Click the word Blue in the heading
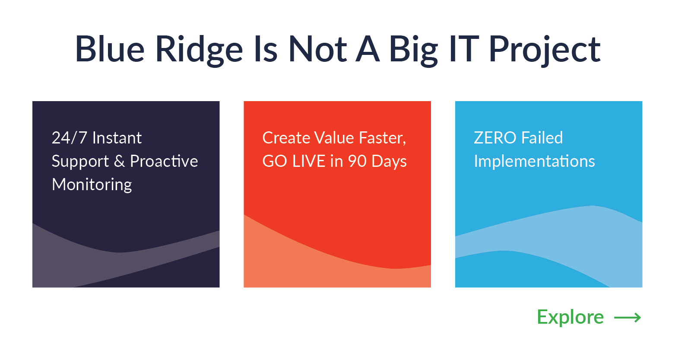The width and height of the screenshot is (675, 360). coord(110,49)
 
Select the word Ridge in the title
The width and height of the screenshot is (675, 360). coord(199,51)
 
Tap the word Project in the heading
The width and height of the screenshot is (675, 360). coord(545,51)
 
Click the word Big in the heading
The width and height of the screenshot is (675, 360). coord(413,51)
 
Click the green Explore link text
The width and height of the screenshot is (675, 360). coord(570,318)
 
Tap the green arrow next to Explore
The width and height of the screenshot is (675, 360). coord(627,318)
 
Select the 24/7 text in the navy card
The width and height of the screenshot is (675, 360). coord(69,138)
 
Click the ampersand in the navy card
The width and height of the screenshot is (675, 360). coord(119,161)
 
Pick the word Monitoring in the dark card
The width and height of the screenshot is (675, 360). coord(92,185)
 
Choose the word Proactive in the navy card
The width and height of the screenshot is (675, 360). coord(164,161)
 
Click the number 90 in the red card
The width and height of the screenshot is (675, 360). coord(357,161)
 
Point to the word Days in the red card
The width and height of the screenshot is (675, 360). coord(389,162)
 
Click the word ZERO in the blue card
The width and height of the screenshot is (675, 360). coord(495,138)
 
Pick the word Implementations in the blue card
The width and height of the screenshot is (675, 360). coord(534,162)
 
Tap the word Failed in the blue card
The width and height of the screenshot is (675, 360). coord(542,137)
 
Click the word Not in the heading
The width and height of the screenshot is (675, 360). coord(318,49)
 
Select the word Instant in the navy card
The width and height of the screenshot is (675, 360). coord(117,138)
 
